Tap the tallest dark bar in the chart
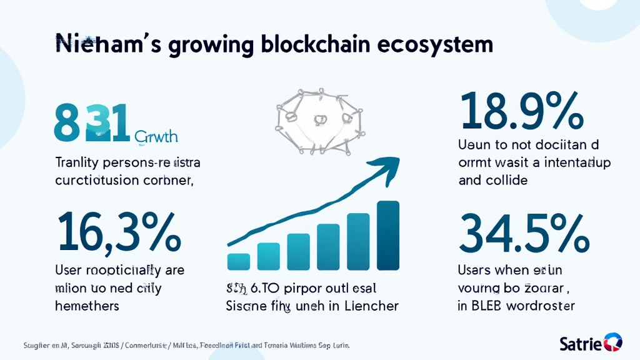388,236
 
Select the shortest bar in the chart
239,261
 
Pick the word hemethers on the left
87,306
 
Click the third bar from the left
298,251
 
